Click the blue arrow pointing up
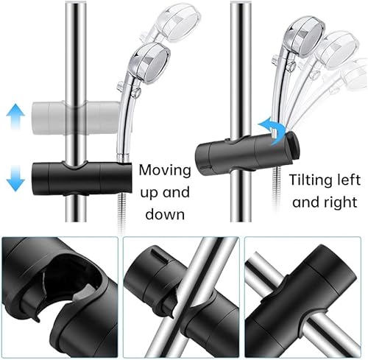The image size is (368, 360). click(x=15, y=116)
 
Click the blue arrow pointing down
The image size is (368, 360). click(x=15, y=178)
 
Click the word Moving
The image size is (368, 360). click(x=165, y=170)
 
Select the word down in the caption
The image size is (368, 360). click(x=165, y=214)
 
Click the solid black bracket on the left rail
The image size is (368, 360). click(x=82, y=178)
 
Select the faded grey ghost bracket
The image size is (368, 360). click(x=76, y=118)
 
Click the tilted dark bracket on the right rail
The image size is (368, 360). click(x=247, y=152)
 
